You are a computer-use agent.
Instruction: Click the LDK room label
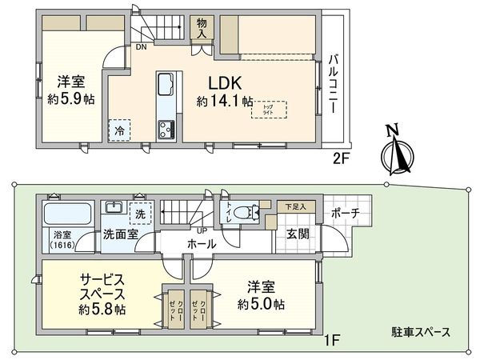point(226,84)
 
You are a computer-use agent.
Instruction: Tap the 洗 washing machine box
point(139,214)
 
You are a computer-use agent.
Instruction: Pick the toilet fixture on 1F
point(250,212)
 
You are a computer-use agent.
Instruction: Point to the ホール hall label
point(201,244)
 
